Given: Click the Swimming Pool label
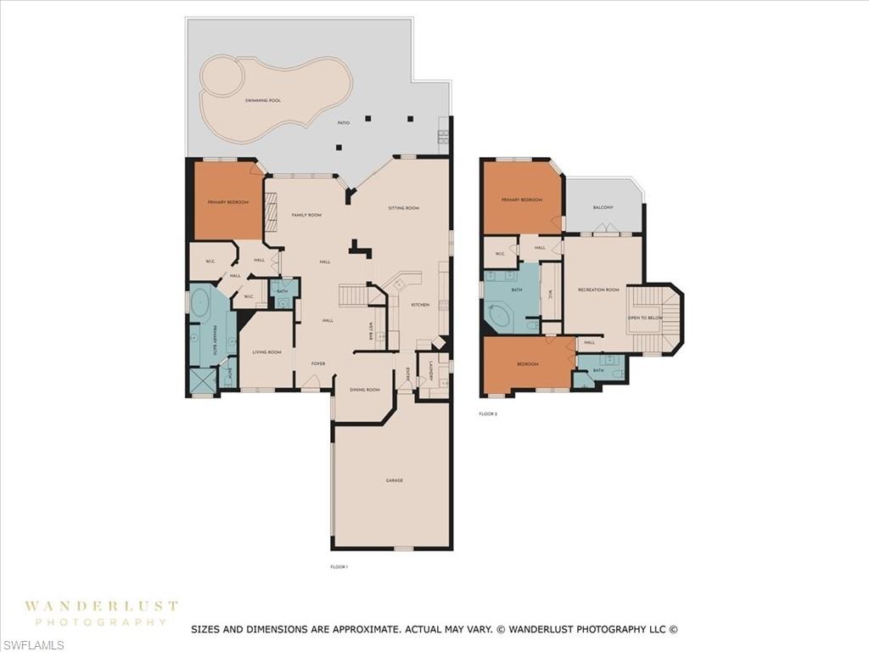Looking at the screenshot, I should (x=262, y=101).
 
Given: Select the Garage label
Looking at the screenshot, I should (x=394, y=481).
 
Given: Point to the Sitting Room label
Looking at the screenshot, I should (x=404, y=208).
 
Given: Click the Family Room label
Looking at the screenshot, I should (x=306, y=215).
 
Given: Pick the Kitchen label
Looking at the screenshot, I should (x=420, y=304).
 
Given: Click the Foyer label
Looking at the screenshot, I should (x=318, y=363).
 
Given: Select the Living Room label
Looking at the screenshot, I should (x=266, y=351).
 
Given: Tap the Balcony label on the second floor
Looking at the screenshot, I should (x=603, y=206).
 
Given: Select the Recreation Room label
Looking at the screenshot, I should (x=599, y=290).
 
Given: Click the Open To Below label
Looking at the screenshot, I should (x=645, y=318).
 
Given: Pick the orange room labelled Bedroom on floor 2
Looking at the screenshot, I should (x=527, y=364).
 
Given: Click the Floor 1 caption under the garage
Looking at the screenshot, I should (x=339, y=567).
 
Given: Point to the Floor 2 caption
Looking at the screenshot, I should (x=488, y=413).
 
